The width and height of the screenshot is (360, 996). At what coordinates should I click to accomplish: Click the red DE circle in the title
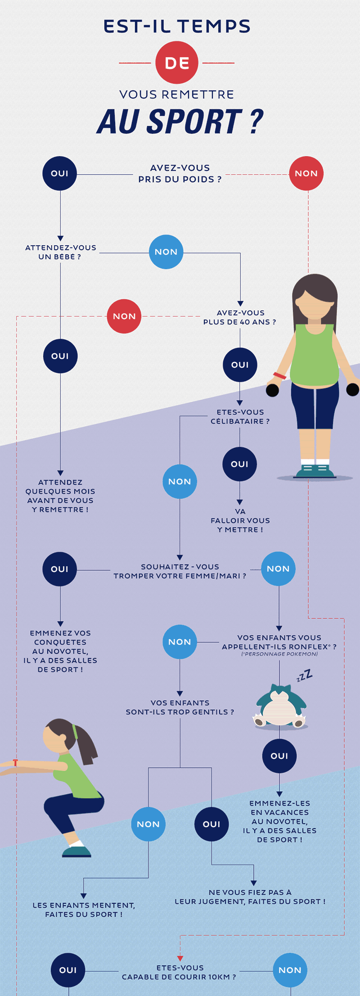(177, 63)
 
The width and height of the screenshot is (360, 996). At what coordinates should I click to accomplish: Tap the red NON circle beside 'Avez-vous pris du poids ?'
(306, 173)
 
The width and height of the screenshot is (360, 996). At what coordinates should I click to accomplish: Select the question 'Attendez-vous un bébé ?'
(60, 252)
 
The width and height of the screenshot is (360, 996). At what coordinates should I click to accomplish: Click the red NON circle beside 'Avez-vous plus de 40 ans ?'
(124, 316)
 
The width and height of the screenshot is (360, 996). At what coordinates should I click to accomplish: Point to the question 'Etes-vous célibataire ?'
(240, 417)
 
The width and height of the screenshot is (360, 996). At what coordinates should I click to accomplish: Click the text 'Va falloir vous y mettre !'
(240, 521)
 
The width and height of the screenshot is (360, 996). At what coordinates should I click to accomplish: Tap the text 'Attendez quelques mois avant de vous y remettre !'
(60, 496)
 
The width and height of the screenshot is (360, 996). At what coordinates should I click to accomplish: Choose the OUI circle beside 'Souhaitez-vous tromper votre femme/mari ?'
(60, 569)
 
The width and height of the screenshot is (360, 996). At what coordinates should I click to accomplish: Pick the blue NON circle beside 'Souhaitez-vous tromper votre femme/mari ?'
(278, 569)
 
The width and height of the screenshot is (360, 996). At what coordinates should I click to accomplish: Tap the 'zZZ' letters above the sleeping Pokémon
(304, 676)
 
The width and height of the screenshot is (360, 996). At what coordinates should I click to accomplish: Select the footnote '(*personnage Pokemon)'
(279, 654)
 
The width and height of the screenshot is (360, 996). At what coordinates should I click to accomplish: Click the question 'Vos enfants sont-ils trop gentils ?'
(180, 708)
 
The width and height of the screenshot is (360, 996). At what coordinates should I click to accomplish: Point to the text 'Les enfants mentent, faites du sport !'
(84, 910)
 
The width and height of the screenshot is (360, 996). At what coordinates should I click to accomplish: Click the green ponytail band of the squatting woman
(75, 731)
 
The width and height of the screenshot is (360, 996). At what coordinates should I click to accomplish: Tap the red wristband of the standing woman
(279, 375)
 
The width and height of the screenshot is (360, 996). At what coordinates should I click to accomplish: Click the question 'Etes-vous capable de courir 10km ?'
(179, 972)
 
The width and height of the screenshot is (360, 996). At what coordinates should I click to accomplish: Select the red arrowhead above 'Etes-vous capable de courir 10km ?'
(180, 958)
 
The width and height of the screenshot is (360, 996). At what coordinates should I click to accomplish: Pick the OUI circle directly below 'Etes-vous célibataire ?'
(239, 464)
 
